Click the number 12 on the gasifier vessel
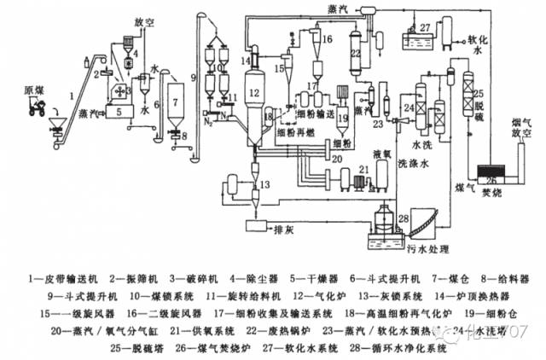[x=253, y=92]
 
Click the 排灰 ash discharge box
[x=270, y=227]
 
